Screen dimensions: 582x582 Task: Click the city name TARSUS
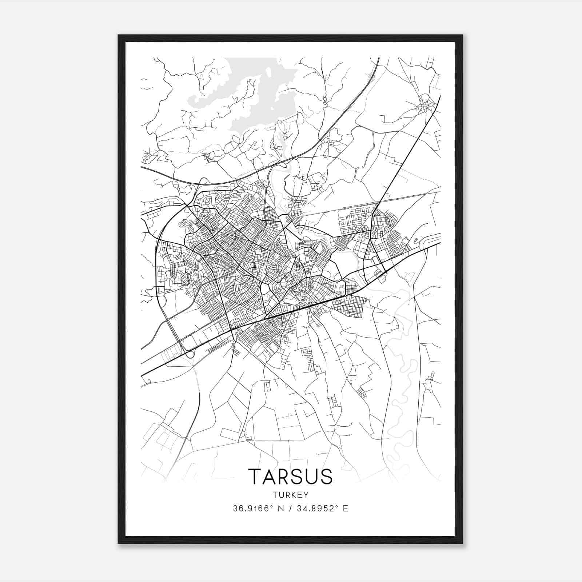click(x=290, y=477)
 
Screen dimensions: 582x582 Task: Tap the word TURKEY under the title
click(x=290, y=495)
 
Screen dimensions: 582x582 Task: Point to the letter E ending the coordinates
click(x=346, y=509)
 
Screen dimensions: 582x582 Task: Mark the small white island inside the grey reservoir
click(x=268, y=72)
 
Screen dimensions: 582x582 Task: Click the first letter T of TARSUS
click(x=255, y=477)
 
